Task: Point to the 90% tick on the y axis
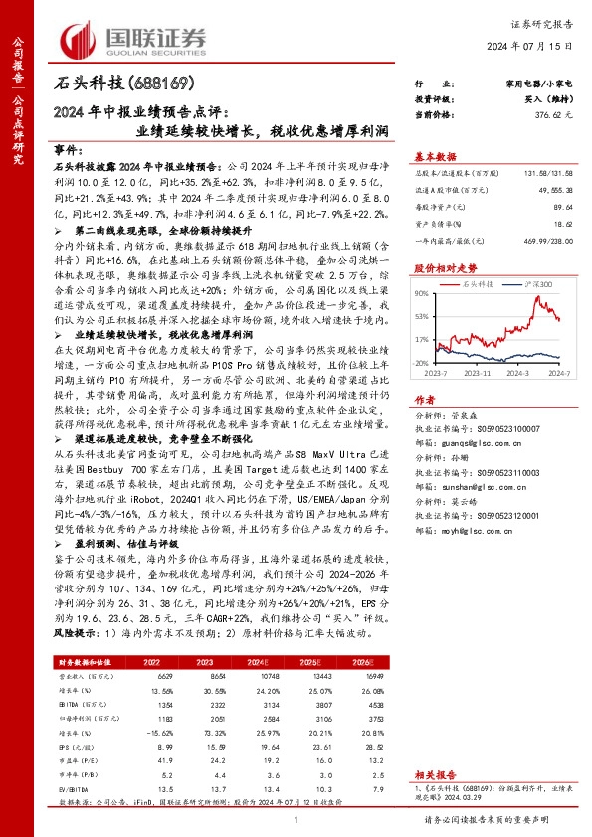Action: [423, 293]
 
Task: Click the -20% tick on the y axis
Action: [422, 364]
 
